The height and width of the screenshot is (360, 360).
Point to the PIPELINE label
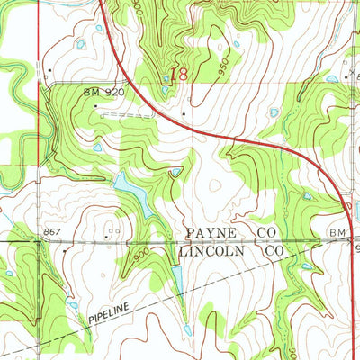(110, 314)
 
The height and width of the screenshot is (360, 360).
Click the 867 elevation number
(50, 233)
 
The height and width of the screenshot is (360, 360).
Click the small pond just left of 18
(166, 79)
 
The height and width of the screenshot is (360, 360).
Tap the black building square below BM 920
(97, 106)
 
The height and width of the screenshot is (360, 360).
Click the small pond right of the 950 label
(237, 43)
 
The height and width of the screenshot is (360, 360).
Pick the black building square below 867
(64, 253)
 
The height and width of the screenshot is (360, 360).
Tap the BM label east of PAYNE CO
(337, 233)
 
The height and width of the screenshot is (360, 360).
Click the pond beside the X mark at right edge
(334, 78)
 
